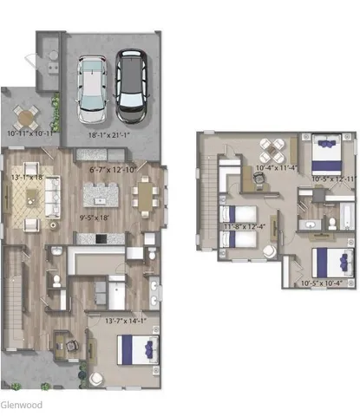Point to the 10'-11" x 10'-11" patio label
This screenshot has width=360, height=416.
(31, 134)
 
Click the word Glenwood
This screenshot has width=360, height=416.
(20, 404)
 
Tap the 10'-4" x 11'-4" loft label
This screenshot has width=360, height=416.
(275, 167)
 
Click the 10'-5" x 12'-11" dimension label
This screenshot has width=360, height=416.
(334, 179)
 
